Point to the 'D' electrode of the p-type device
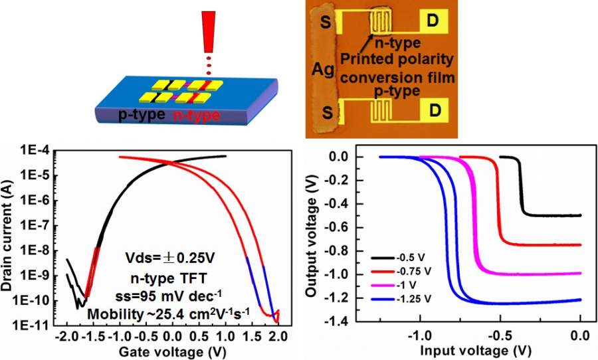(432, 108)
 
